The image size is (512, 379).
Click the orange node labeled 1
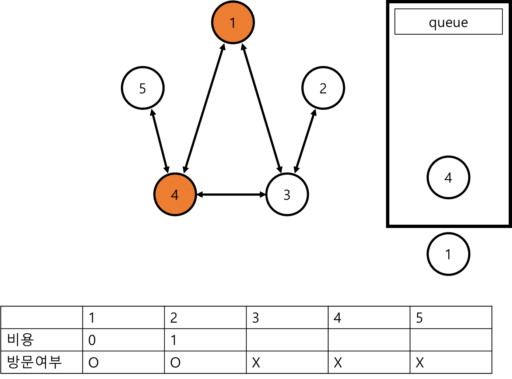pyautogui.click(x=233, y=22)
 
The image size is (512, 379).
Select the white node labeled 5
pyautogui.click(x=143, y=88)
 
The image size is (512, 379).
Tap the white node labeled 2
pyautogui.click(x=323, y=88)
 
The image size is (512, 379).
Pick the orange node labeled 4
pyautogui.click(x=175, y=194)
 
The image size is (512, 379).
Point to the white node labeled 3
pyautogui.click(x=287, y=194)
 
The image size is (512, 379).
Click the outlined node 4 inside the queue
pyautogui.click(x=448, y=178)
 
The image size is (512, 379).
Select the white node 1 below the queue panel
pyautogui.click(x=448, y=254)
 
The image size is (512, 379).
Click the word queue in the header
pyautogui.click(x=448, y=22)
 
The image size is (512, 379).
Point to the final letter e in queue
pyautogui.click(x=464, y=23)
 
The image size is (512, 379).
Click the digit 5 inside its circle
pyautogui.click(x=143, y=88)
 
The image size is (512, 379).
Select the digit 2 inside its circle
pyautogui.click(x=323, y=88)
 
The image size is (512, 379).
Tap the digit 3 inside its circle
pyautogui.click(x=287, y=195)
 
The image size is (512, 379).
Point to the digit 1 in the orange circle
pyautogui.click(x=233, y=23)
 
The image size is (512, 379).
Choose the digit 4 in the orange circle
pyautogui.click(x=175, y=194)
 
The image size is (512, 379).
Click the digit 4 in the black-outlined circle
pyautogui.click(x=448, y=178)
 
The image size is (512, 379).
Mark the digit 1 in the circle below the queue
pyautogui.click(x=448, y=255)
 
